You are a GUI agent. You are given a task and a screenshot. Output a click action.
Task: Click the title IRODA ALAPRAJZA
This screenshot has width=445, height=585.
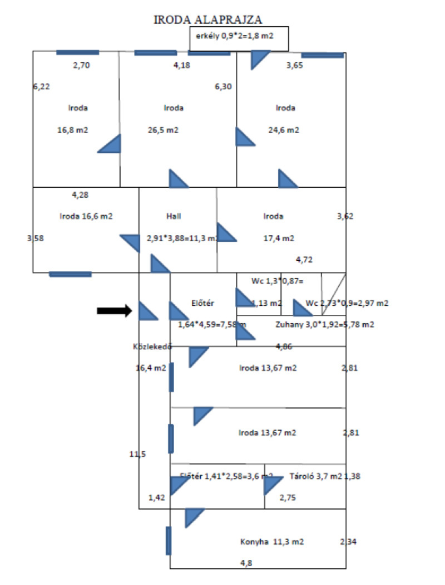[x=207, y=20]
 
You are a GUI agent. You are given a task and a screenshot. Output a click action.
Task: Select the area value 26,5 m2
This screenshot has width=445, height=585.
[x=164, y=130]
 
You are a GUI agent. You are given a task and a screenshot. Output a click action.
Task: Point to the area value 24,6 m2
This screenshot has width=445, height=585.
[x=285, y=130]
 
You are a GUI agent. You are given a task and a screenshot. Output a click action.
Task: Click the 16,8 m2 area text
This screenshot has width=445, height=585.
[x=73, y=130]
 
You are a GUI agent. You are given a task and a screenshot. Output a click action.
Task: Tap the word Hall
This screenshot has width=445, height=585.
[x=174, y=216]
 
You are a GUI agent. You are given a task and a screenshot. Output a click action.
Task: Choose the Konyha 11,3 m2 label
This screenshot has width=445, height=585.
[x=272, y=542]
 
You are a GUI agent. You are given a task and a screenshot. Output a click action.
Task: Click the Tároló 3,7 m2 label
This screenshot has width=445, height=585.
[x=315, y=476]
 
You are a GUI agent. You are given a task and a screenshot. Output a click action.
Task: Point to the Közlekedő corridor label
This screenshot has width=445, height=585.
[x=150, y=346]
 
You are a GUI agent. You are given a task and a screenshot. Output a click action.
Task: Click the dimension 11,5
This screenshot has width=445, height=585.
[x=137, y=454]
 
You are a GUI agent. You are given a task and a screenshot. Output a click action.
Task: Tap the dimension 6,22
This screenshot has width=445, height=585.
[x=41, y=87]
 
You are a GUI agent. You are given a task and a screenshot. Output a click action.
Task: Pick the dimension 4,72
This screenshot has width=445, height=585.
[x=304, y=259]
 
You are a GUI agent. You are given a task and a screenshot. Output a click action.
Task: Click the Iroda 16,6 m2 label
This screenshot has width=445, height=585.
[x=86, y=216]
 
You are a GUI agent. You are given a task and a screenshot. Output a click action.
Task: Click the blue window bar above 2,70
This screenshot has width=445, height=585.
[x=78, y=52]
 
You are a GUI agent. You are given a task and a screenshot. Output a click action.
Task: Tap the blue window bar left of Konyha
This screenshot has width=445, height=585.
[x=169, y=540]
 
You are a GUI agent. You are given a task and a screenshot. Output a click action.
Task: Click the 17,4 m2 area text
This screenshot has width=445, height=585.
[x=279, y=238]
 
